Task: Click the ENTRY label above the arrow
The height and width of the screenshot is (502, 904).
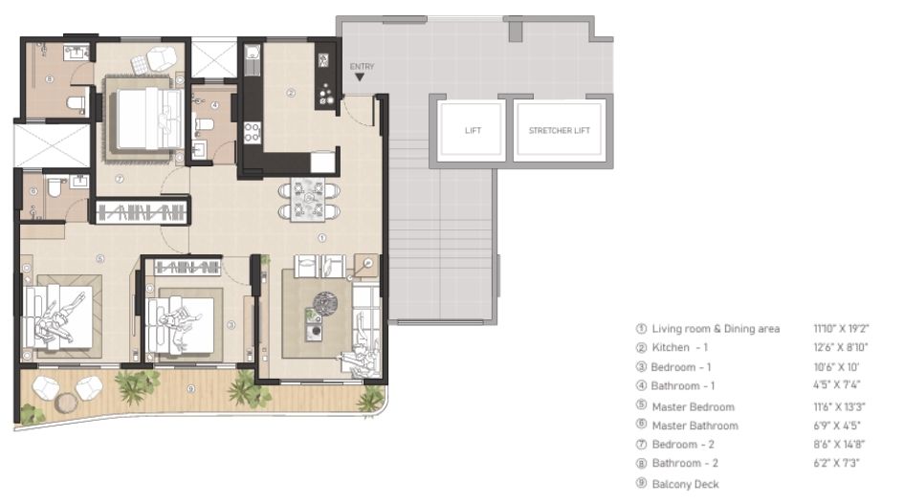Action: [x=363, y=66]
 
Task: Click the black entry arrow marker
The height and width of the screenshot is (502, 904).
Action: [x=360, y=77]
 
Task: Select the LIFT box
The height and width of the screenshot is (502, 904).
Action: [x=473, y=130]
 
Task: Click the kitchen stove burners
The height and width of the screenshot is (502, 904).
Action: [x=255, y=131]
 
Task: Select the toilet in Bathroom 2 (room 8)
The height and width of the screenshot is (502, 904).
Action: [x=75, y=101]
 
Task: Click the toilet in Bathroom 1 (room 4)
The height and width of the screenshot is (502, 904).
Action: [x=204, y=123]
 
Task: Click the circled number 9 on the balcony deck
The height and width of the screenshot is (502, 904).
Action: [x=192, y=388]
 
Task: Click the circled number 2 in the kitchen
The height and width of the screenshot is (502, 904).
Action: [x=290, y=93]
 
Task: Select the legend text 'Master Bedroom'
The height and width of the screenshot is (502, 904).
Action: [x=693, y=406]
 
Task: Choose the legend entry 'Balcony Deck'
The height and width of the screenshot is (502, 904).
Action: [x=685, y=484]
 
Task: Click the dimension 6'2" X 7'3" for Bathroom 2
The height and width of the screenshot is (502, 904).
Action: [x=836, y=464]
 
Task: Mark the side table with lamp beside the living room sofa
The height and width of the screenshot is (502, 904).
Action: [x=364, y=265]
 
